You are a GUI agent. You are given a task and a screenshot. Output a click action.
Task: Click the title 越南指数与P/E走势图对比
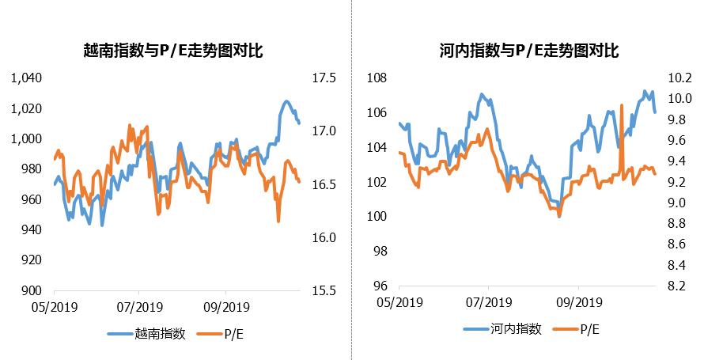pos(173,51)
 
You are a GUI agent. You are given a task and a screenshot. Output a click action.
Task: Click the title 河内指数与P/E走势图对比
pos(528,51)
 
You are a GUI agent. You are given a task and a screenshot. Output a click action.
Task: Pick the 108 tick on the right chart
pos(376,78)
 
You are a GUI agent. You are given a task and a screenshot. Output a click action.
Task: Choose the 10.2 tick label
pos(680,78)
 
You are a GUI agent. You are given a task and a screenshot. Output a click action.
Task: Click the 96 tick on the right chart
pos(379,286)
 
